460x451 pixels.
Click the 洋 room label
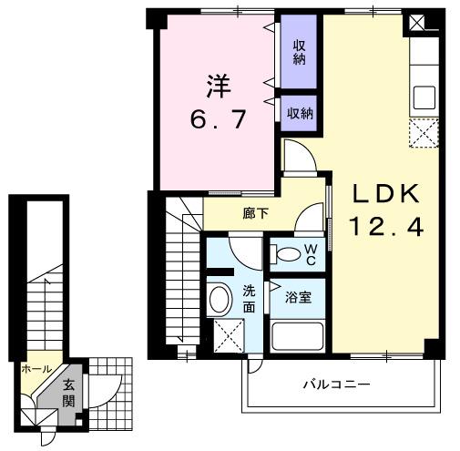pos(219,88)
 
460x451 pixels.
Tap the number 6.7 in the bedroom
pos(219,120)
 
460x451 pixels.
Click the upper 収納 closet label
pos(299,52)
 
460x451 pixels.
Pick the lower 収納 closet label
pos(300,114)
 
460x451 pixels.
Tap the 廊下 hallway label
pos(256,215)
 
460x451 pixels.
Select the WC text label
pos(310,254)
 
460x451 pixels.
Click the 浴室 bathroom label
pos(297,295)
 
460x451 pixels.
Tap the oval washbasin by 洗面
pos(220,298)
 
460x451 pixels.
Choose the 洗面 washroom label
pos(249,299)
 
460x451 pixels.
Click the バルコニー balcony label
pos(337,384)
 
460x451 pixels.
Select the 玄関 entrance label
pos(69,391)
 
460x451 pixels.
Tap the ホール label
pos(36,369)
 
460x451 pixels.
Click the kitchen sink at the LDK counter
pos(424,96)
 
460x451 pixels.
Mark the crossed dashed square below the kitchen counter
pos(424,133)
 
